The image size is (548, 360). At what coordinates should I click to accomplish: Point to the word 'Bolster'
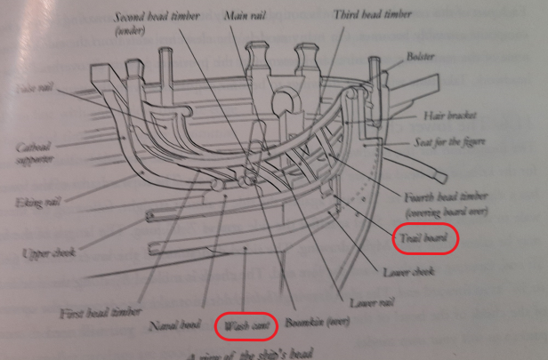421,55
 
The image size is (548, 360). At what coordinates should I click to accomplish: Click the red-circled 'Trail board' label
425,237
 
